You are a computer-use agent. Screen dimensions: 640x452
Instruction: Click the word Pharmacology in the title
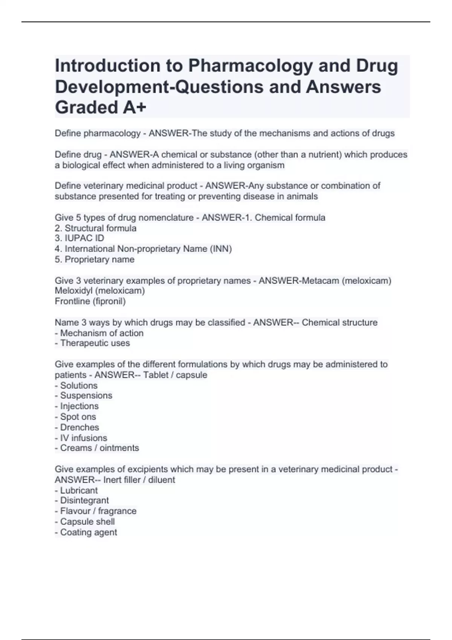click(x=250, y=66)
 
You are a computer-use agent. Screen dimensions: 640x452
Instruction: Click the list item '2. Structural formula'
click(x=96, y=228)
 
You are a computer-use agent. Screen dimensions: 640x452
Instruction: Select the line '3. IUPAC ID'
click(x=79, y=238)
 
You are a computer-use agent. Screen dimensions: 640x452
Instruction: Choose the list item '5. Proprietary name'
click(x=95, y=259)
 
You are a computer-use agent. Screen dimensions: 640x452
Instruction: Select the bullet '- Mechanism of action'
click(x=99, y=333)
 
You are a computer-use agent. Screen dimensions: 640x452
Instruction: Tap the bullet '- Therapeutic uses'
click(x=92, y=343)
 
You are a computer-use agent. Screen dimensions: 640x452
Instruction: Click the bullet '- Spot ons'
click(x=75, y=417)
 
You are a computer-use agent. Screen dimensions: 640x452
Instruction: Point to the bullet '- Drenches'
click(x=77, y=427)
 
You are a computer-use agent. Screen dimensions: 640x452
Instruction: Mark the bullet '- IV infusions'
click(x=81, y=438)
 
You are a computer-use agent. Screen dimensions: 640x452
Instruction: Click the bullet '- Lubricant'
click(x=76, y=491)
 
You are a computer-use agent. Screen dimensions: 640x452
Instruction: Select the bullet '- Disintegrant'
click(x=82, y=500)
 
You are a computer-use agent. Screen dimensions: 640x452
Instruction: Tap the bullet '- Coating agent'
click(x=86, y=532)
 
